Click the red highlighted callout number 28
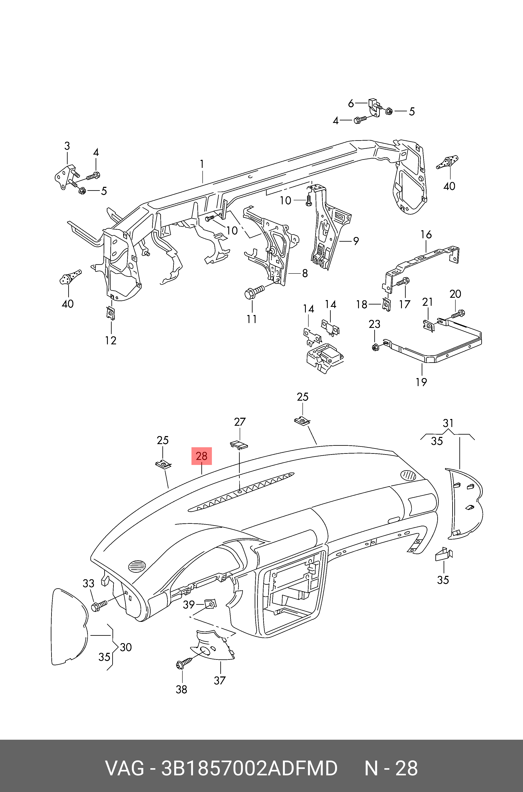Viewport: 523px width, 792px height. pyautogui.click(x=201, y=456)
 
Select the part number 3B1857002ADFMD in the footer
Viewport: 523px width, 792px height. pyautogui.click(x=249, y=768)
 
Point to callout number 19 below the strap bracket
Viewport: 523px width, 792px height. pyautogui.click(x=421, y=382)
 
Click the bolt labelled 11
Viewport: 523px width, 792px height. pyautogui.click(x=254, y=291)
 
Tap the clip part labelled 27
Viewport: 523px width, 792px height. pyautogui.click(x=239, y=445)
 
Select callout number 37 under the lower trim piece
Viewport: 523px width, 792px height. pyautogui.click(x=220, y=680)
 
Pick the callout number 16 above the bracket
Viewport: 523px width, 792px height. pyautogui.click(x=426, y=234)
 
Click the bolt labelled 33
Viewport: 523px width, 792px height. pyautogui.click(x=99, y=605)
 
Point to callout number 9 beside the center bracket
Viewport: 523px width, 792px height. pyautogui.click(x=356, y=241)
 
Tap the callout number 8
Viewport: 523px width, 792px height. pyautogui.click(x=305, y=273)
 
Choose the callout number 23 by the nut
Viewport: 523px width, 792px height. pyautogui.click(x=374, y=324)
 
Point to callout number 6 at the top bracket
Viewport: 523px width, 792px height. pyautogui.click(x=351, y=104)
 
